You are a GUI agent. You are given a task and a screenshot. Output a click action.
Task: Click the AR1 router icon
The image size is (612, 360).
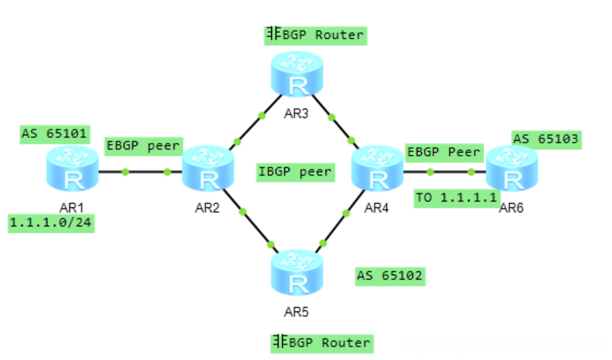click(72, 168)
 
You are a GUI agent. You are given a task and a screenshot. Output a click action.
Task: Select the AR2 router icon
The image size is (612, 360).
click(208, 168)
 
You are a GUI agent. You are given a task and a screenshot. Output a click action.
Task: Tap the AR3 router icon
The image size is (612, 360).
click(297, 74)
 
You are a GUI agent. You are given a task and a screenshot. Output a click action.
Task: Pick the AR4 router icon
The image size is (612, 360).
click(377, 168)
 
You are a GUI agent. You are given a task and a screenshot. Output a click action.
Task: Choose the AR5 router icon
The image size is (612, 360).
click(297, 273)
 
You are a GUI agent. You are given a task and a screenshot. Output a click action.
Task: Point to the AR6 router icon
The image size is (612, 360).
click(512, 168)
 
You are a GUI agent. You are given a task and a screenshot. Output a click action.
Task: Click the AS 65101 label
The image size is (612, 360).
click(55, 134)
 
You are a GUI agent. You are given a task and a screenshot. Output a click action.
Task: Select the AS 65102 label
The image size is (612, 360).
click(390, 276)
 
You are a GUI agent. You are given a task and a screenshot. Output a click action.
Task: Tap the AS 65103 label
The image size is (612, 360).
click(546, 140)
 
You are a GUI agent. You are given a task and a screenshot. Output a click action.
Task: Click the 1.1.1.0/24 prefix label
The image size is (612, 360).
click(51, 223)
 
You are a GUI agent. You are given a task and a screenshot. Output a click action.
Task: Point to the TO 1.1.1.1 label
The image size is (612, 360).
click(456, 198)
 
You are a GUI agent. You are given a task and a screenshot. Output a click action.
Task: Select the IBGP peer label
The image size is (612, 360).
click(295, 172)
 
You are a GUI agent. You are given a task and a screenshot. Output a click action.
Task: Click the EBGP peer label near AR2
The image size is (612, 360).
click(144, 146)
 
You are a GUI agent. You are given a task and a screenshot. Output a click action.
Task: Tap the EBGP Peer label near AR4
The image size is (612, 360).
click(444, 153)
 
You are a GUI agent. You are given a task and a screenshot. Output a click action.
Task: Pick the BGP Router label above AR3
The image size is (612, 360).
click(315, 35)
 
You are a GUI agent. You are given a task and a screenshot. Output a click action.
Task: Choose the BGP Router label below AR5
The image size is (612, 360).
click(322, 343)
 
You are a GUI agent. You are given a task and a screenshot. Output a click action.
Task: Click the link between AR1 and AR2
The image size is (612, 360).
click(140, 171)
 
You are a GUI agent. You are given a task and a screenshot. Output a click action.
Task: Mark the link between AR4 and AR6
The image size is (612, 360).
click(445, 171)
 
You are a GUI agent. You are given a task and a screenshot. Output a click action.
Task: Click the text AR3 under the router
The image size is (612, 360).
click(297, 113)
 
